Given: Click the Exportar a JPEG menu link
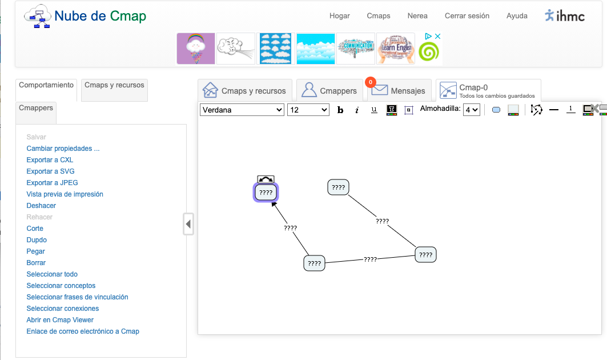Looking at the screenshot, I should coord(52,183).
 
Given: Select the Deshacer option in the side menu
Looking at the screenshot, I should coord(41,206).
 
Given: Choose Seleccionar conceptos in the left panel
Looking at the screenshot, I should coord(61,286).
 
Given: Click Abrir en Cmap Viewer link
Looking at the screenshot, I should coord(60,320).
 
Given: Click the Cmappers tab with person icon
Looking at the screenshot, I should coord(329,91).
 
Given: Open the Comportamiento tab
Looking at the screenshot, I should coord(46,85).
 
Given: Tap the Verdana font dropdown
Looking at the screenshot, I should coord(242,110).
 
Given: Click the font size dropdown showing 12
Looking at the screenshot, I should coord(308,110).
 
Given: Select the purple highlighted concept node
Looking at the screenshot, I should coord(266,193).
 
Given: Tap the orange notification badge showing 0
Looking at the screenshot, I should coord(371,82).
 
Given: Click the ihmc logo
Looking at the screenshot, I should coord(565,16).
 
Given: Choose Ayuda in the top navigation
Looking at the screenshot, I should coord(517,16).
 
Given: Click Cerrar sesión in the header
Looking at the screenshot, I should coord(467,16).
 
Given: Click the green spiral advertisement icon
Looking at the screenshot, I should coord(429,53).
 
